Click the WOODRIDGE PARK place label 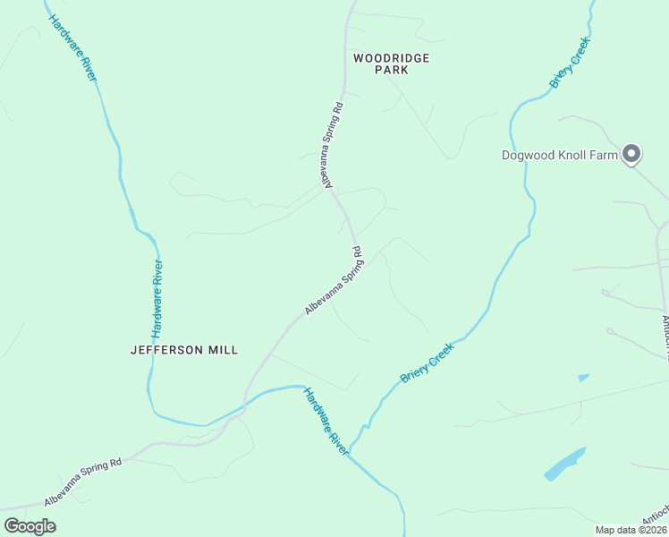tap(391, 64)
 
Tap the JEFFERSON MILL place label tap(184, 350)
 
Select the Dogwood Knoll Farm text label tap(559, 155)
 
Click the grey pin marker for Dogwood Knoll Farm tap(631, 154)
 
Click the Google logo tap(30, 525)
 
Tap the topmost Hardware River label tap(72, 48)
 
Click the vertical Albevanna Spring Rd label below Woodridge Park tap(332, 144)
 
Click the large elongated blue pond tap(564, 464)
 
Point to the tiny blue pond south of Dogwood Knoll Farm tap(583, 378)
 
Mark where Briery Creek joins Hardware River tap(349, 452)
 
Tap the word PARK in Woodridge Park tap(391, 70)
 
